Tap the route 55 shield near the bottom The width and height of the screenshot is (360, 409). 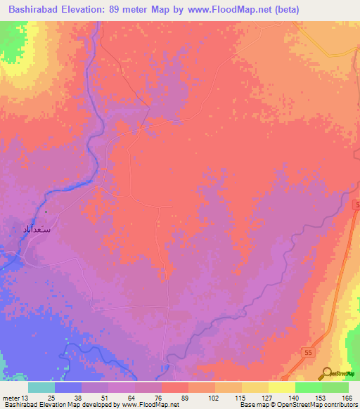(309, 351)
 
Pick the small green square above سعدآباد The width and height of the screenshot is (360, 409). (46, 212)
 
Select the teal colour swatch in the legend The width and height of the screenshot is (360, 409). (41, 387)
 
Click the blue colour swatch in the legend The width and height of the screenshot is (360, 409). (67, 387)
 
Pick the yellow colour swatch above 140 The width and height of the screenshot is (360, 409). (281, 387)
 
